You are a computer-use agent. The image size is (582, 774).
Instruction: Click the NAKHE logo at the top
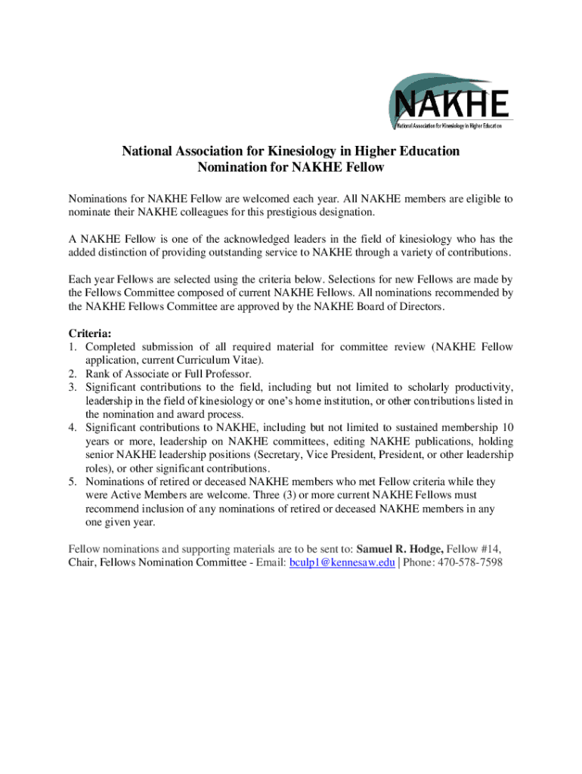(450, 101)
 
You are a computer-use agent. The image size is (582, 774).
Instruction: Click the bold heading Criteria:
(90, 333)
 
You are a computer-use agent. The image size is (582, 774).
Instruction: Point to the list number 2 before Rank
(73, 373)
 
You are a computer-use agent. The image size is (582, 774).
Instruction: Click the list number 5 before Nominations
(73, 481)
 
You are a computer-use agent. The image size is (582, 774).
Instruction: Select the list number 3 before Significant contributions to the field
(73, 387)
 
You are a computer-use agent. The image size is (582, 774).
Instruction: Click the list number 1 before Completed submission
(73, 347)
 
